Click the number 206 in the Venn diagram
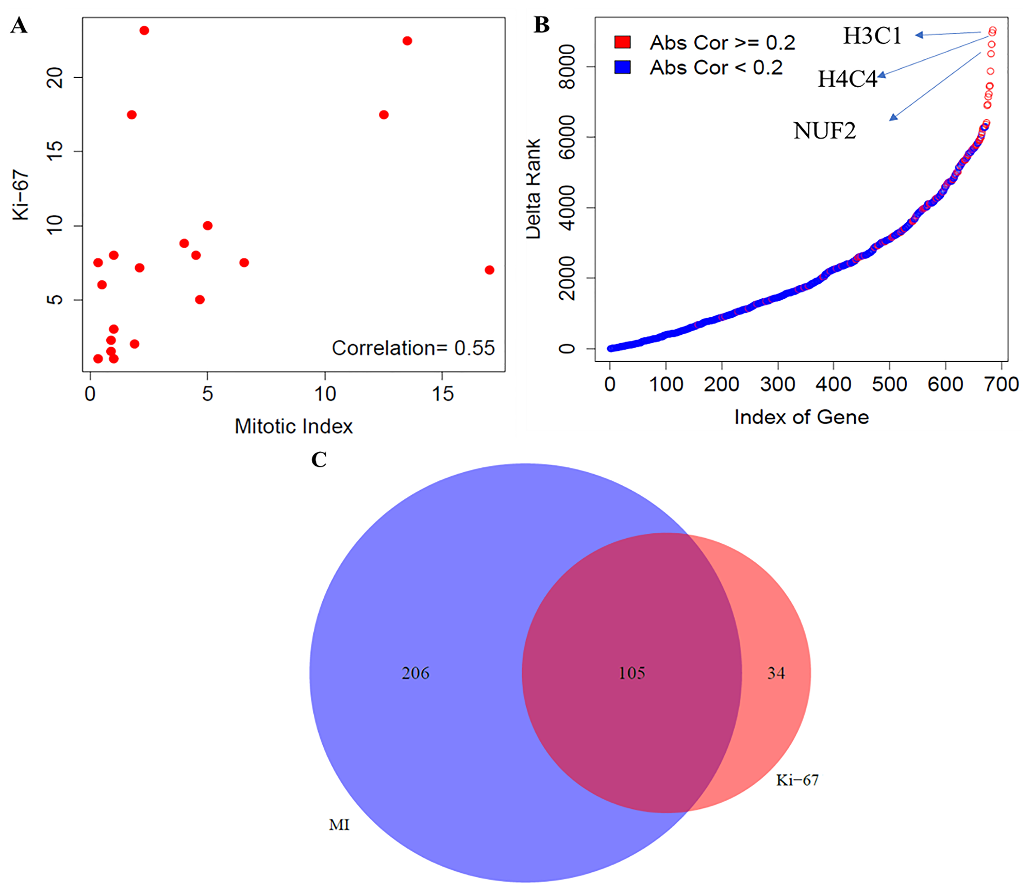415,673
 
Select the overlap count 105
631,673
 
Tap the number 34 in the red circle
776,673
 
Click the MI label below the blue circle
339,825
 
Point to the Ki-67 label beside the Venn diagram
797,780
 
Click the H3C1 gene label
872,36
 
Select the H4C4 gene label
847,79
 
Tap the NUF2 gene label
824,131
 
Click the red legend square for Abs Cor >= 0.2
623,42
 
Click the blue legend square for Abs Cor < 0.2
623,68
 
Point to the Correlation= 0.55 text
413,348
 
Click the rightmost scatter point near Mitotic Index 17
489,270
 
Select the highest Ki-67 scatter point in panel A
144,30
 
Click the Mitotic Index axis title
293,426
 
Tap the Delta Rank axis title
533,189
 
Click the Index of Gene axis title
801,417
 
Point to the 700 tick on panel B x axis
1001,384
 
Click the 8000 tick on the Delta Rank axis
567,67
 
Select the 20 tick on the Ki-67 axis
55,77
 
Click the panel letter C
319,460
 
